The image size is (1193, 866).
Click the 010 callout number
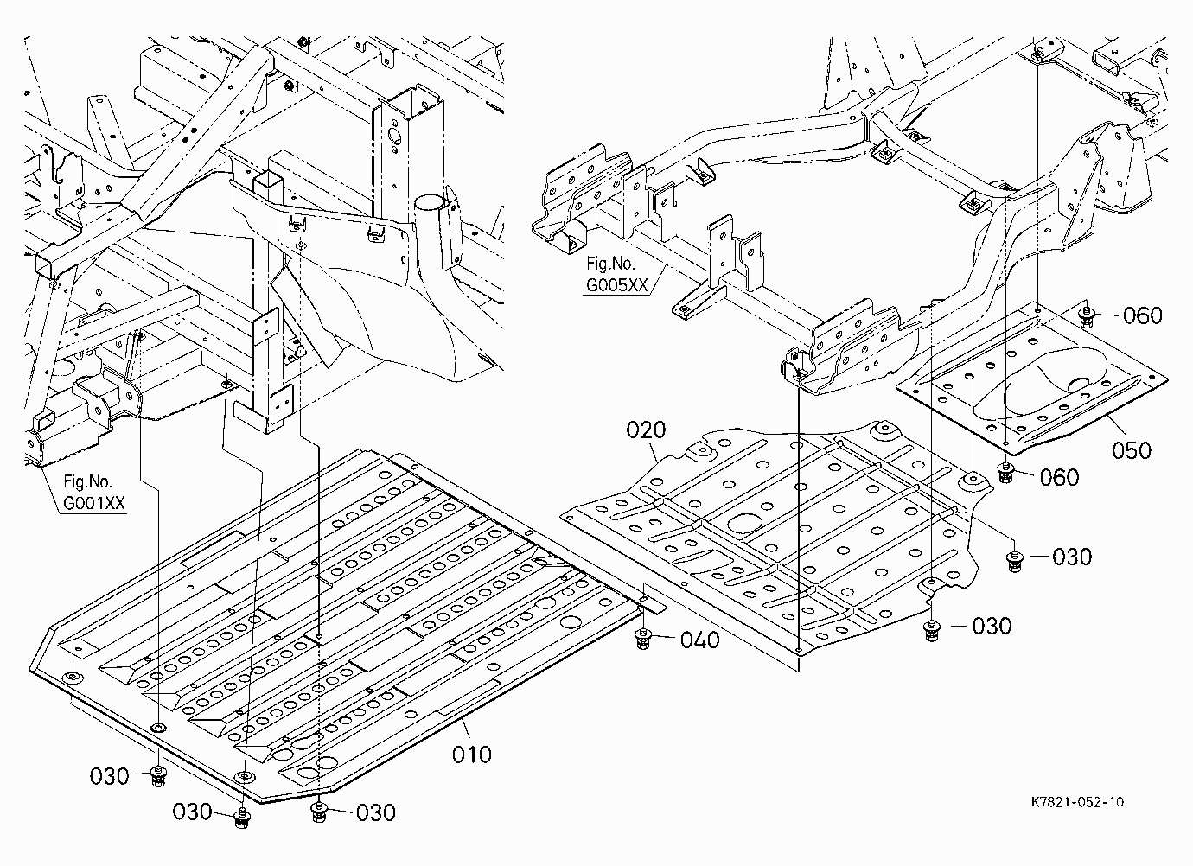tap(472, 755)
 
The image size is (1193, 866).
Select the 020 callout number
tap(646, 430)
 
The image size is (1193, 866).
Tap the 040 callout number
tap(700, 640)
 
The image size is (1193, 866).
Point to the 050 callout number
tap(1132, 450)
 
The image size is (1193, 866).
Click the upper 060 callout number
tap(1143, 315)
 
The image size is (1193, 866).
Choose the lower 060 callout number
tap(1060, 477)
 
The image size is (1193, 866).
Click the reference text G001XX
tap(94, 503)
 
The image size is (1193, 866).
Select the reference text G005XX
tap(617, 285)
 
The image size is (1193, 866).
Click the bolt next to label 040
tap(643, 640)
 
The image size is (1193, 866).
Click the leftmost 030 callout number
tap(109, 776)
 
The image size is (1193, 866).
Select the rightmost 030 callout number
tap(1072, 557)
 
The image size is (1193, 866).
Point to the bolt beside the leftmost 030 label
tap(158, 776)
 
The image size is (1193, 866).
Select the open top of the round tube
tap(431, 204)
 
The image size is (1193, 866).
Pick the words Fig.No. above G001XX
tap(88, 481)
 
